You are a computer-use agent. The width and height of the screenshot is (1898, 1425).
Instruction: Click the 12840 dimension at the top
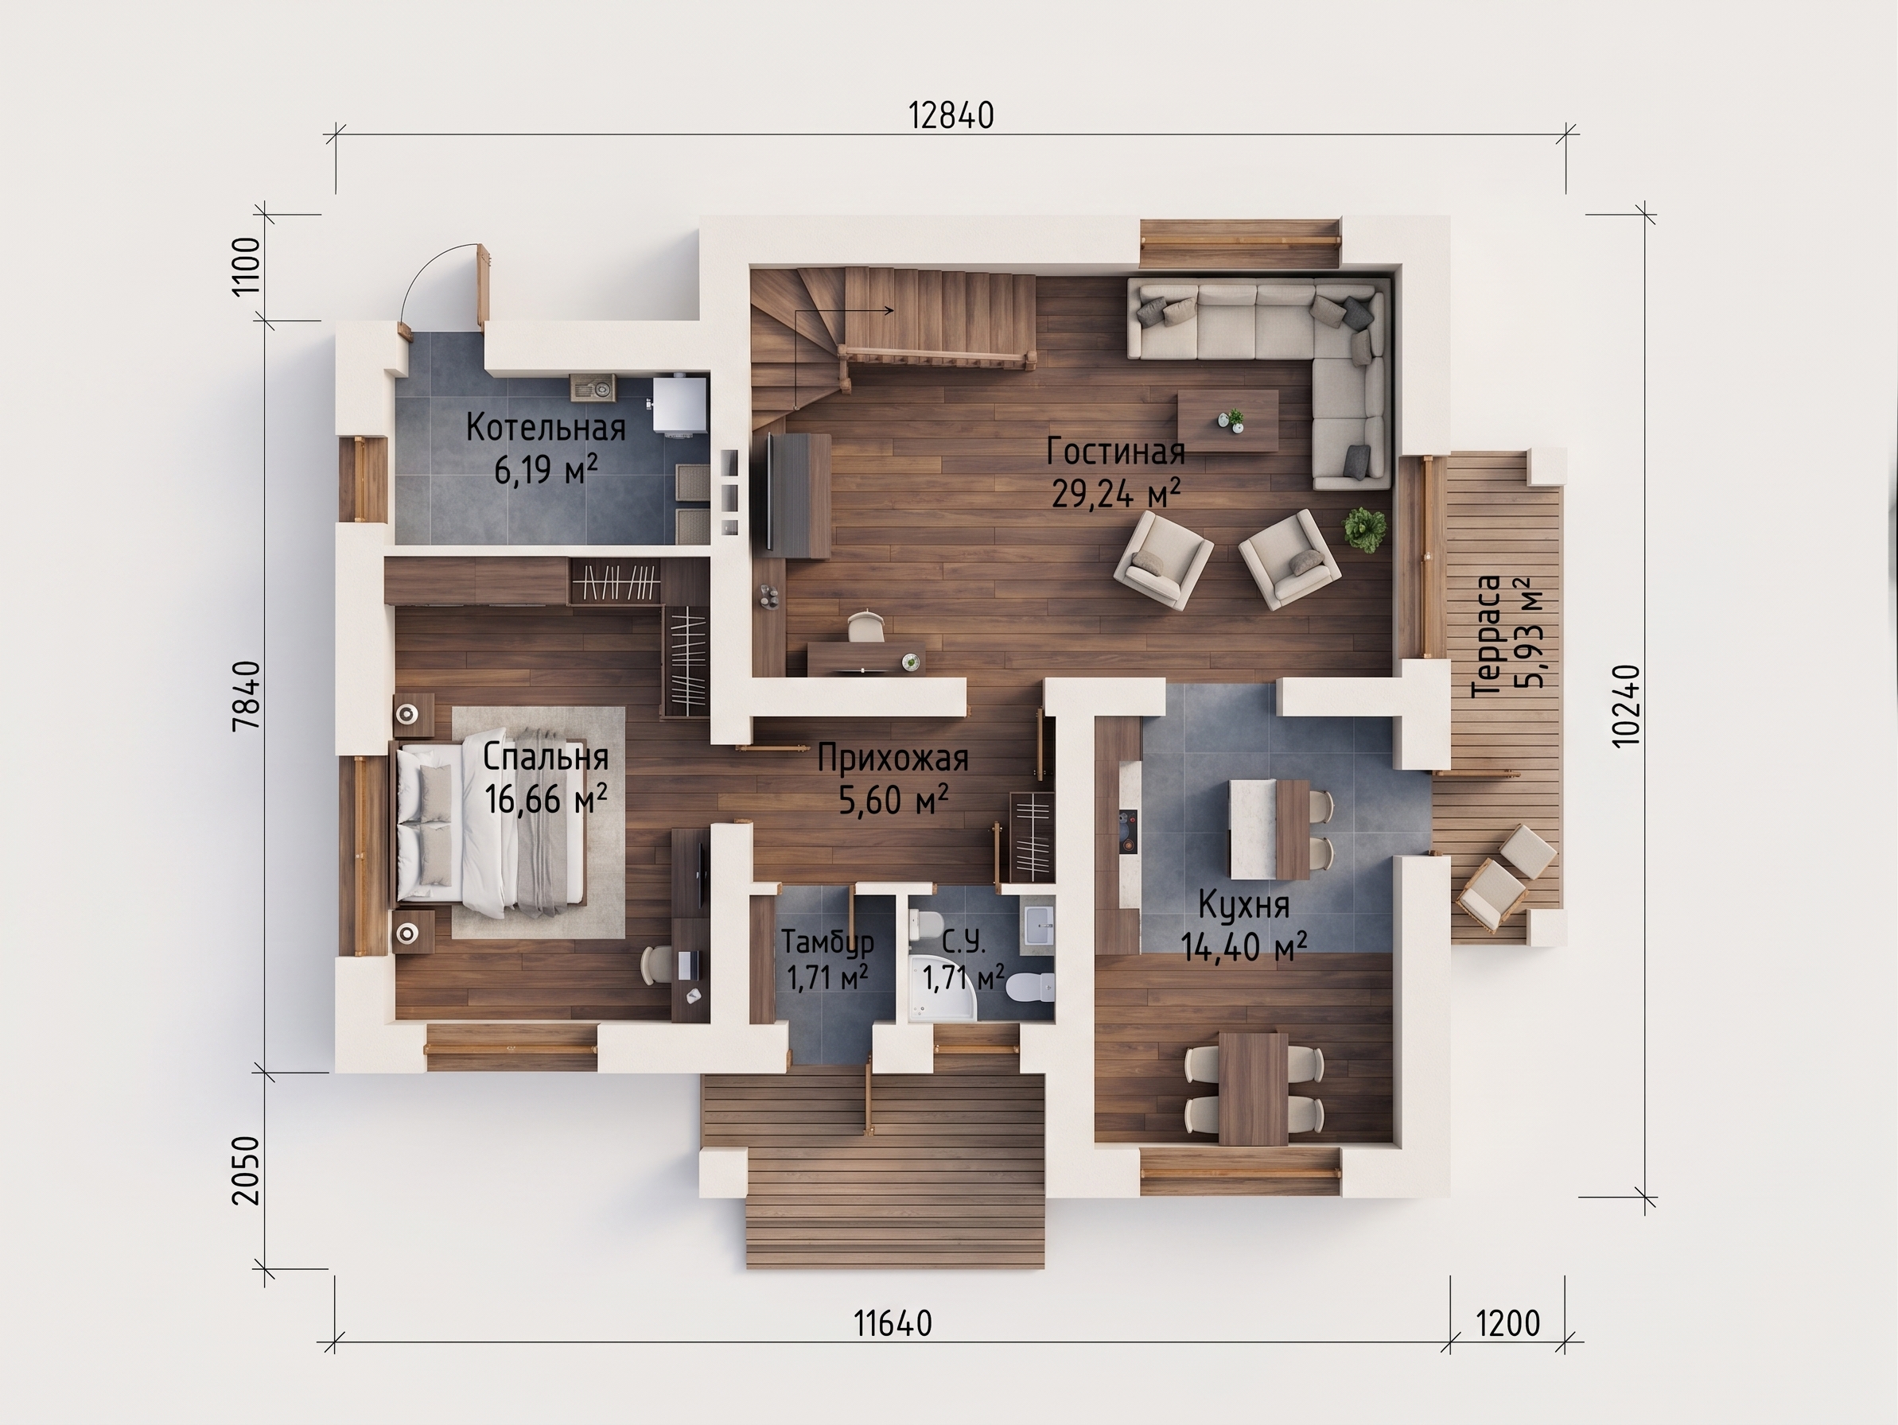tap(951, 115)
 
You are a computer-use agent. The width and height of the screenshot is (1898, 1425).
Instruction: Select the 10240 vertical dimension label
tap(1626, 705)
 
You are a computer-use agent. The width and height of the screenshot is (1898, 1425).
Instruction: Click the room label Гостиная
tap(1115, 451)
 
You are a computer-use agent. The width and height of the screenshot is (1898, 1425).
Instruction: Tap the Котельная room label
tap(546, 427)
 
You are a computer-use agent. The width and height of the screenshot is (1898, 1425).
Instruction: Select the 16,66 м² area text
tap(546, 800)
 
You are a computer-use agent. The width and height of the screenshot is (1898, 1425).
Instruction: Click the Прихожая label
tap(893, 759)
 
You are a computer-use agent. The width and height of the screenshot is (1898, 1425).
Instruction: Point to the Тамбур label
tap(827, 942)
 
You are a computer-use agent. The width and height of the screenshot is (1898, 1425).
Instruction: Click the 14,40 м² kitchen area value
tap(1243, 947)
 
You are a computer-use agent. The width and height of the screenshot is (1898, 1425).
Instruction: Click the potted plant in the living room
tap(1364, 529)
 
